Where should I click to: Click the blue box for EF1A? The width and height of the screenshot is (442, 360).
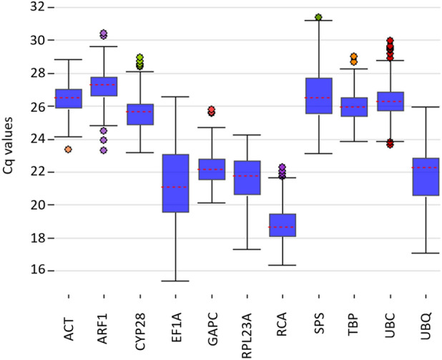click(176, 183)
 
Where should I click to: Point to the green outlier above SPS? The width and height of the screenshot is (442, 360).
click(318, 17)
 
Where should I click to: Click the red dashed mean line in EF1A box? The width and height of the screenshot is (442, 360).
click(176, 187)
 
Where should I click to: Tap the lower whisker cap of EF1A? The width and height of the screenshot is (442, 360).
click(176, 281)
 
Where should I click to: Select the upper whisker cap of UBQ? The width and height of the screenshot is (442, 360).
click(424, 107)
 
